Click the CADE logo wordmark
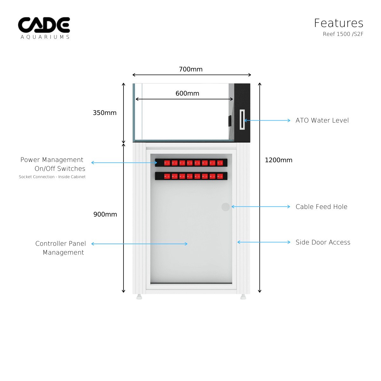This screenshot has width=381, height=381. point(44,25)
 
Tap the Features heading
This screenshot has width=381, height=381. point(338,23)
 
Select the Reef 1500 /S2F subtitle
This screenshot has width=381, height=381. point(343,34)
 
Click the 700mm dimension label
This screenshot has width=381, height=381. point(190,69)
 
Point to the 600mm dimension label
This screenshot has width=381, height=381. point(187,93)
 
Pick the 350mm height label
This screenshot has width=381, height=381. point(104,113)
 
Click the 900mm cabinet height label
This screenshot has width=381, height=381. point(105,214)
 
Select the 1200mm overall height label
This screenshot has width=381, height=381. point(278,160)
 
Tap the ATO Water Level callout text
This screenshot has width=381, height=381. point(322,120)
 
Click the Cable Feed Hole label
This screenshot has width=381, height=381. point(321,207)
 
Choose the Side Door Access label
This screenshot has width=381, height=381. point(323,242)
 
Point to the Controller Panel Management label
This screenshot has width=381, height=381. point(61,248)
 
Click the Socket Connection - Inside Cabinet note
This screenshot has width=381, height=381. point(52,177)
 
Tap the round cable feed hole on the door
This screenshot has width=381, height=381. point(225,207)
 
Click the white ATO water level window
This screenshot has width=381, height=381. point(242,120)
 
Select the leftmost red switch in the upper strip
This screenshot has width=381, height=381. point(167,163)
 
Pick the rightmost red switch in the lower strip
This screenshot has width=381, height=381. point(220,176)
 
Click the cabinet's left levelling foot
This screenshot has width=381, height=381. point(139,297)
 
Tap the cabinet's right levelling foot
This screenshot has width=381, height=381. point(243,297)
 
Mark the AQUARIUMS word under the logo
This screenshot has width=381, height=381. point(45,37)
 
